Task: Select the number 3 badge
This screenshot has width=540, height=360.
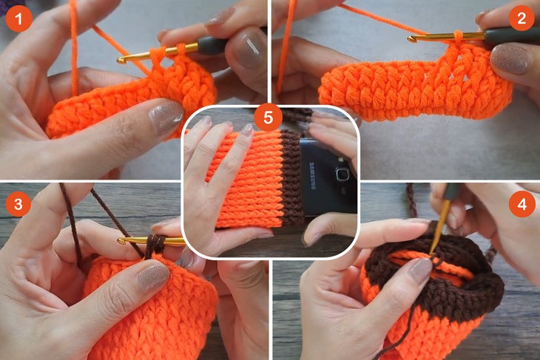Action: point(18,201)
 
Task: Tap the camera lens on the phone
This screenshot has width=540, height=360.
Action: point(341,174)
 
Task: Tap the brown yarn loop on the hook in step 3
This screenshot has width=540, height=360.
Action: point(155,244)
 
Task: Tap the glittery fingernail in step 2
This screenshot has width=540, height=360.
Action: point(510,59)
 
